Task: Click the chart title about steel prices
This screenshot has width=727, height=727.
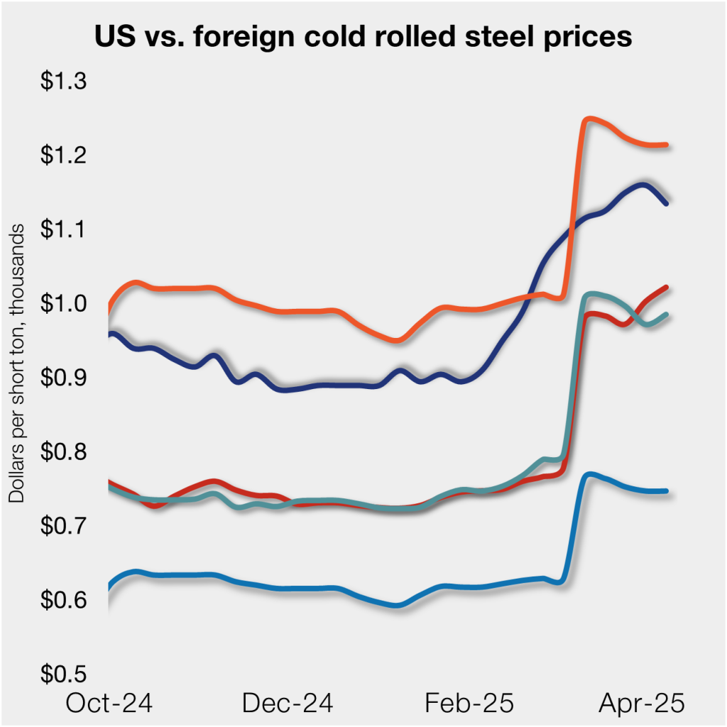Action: pyautogui.click(x=363, y=38)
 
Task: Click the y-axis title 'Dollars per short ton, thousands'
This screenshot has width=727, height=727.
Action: pyautogui.click(x=17, y=362)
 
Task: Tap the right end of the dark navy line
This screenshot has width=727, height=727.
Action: pyautogui.click(x=665, y=203)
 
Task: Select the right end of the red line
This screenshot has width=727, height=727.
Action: pyautogui.click(x=665, y=288)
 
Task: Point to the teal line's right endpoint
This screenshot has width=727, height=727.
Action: pyautogui.click(x=665, y=315)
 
